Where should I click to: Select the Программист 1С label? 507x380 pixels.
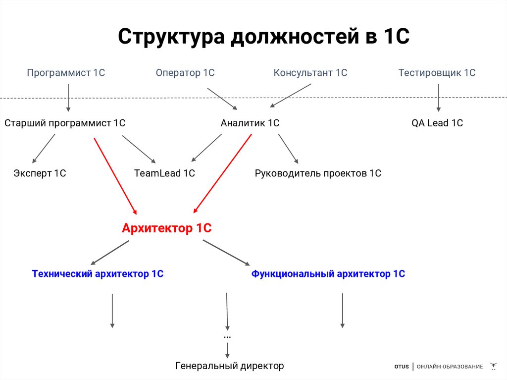click(66, 73)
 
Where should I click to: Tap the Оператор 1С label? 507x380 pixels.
click(185, 73)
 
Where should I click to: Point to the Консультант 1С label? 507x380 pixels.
click(310, 73)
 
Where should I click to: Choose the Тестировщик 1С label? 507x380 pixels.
click(437, 73)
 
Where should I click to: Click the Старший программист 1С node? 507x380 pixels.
click(65, 123)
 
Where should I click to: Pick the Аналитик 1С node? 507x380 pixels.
click(250, 123)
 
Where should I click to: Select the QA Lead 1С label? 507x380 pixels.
click(437, 123)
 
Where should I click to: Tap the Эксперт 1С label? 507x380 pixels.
click(40, 173)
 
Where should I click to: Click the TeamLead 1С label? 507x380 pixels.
click(164, 173)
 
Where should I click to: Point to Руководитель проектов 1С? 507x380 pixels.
click(318, 173)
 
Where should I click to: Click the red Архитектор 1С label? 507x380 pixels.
click(167, 228)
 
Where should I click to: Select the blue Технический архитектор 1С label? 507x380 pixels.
click(98, 273)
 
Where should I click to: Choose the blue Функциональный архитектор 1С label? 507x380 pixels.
click(328, 273)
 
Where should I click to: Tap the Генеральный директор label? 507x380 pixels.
click(230, 366)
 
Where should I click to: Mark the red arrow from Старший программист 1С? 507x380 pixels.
click(115, 175)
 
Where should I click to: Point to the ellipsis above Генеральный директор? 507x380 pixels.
click(227, 336)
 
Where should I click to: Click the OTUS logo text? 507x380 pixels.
click(402, 367)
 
